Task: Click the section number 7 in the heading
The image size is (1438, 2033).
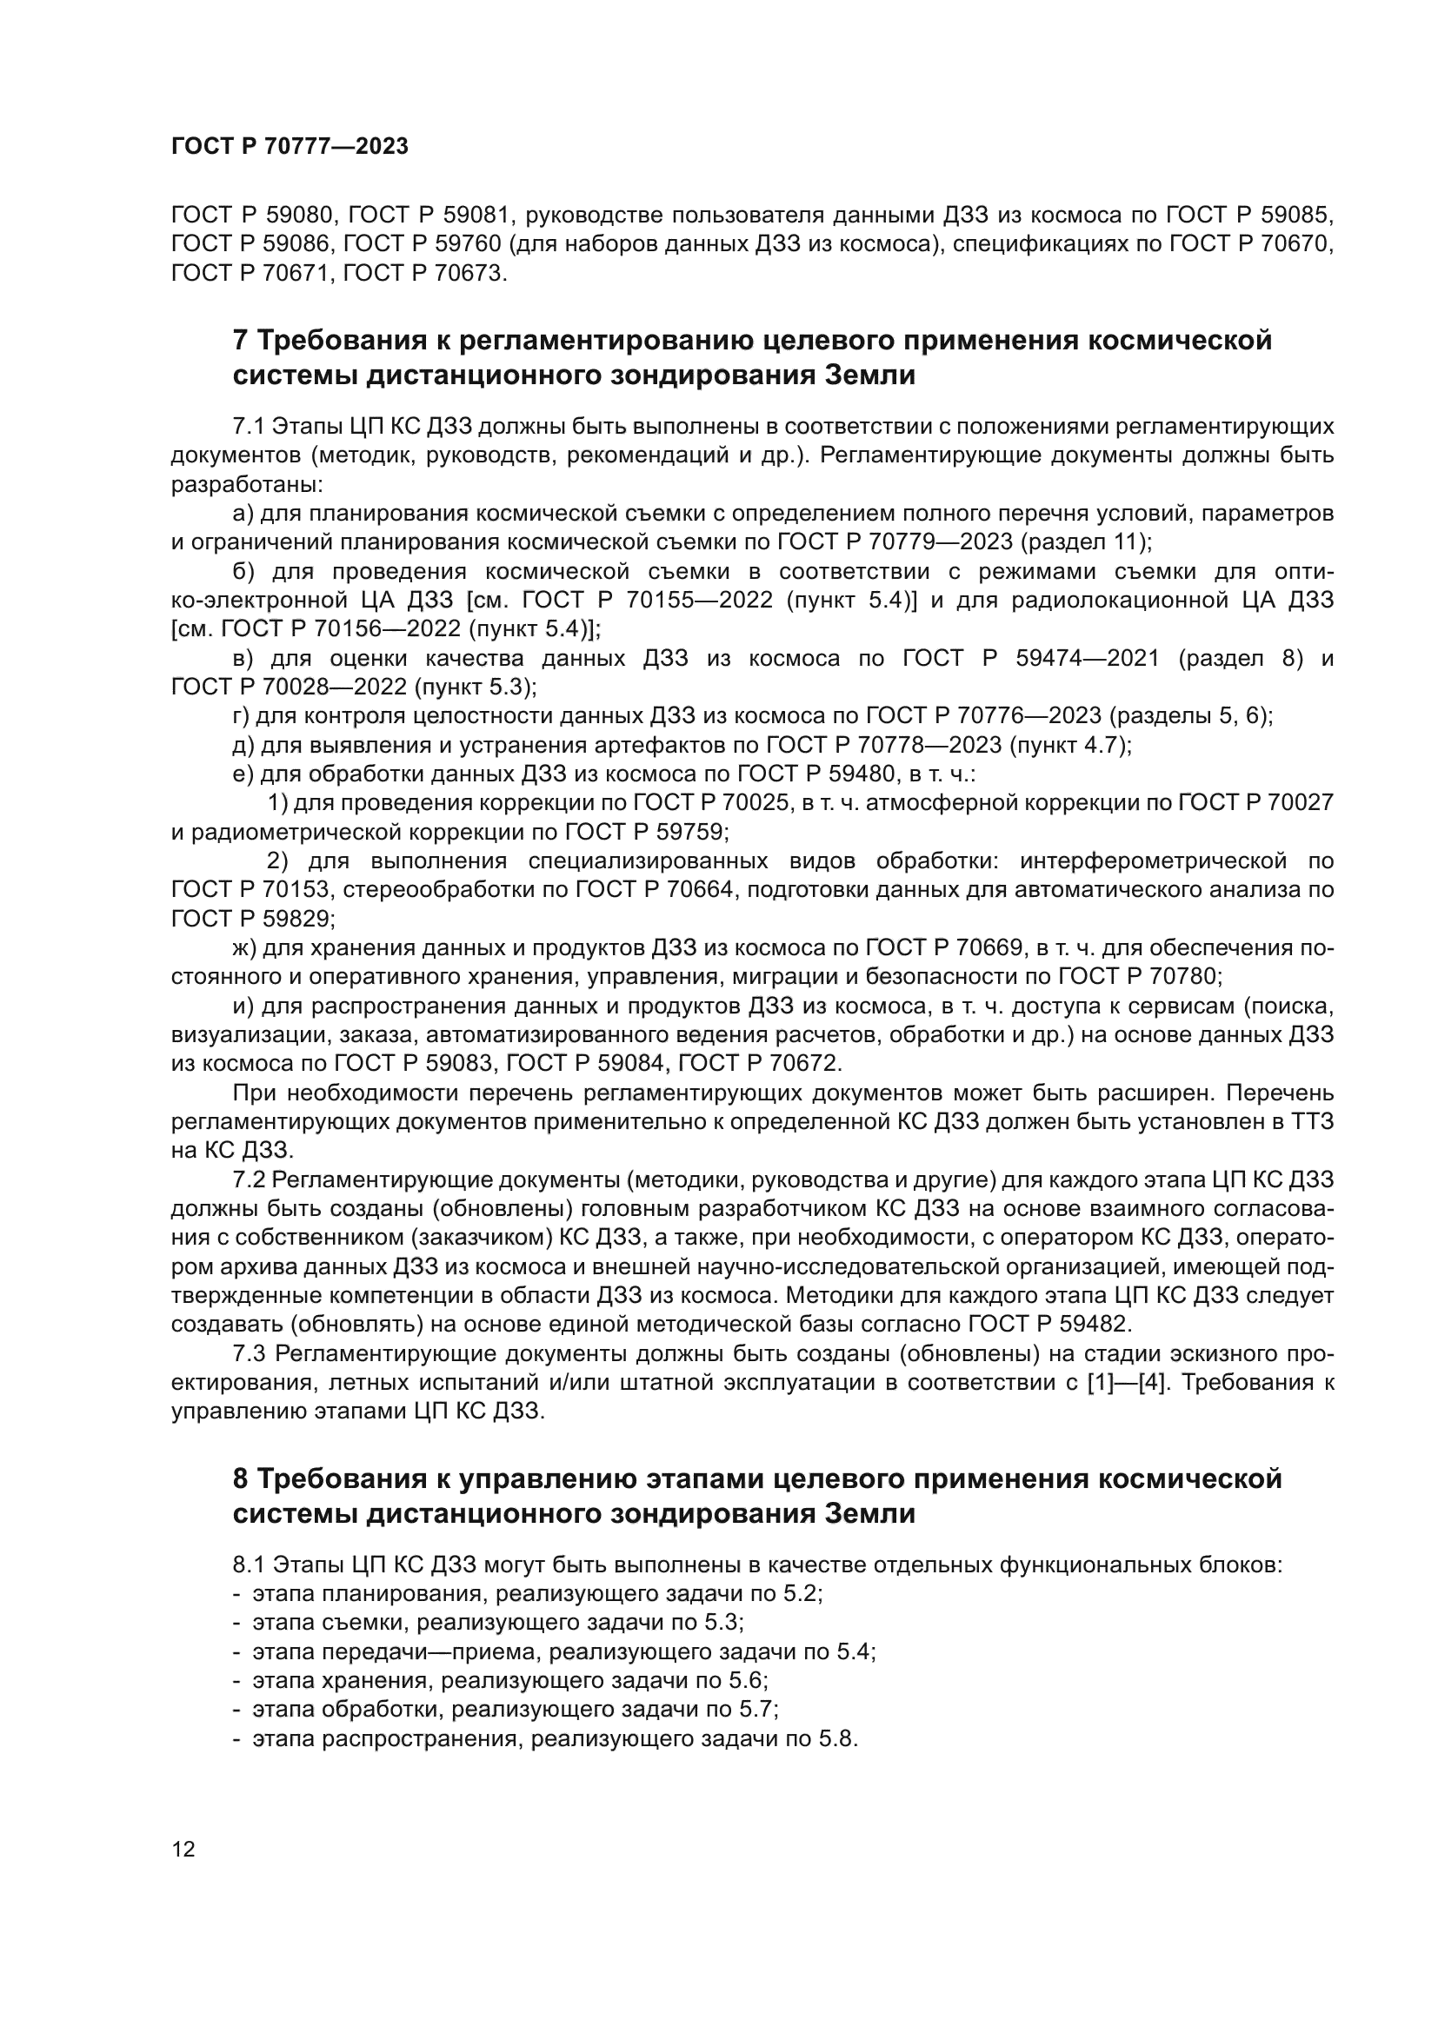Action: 239,340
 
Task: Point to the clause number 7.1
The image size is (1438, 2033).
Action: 249,427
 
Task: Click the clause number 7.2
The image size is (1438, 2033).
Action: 249,1180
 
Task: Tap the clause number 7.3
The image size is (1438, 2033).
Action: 250,1354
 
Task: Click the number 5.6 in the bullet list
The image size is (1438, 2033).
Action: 749,1681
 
